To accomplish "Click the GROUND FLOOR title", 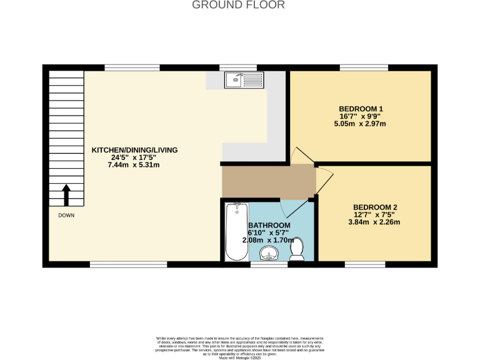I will click(238, 5).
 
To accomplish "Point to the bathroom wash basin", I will click(269, 253).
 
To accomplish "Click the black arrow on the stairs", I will click(66, 194).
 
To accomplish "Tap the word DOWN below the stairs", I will click(66, 216).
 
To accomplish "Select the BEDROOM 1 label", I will click(361, 109).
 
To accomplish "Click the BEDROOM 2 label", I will click(375, 207).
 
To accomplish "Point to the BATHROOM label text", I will click(269, 225).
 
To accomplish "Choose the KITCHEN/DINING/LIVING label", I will click(135, 150).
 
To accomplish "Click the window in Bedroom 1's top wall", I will click(364, 67).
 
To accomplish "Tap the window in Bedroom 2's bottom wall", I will click(365, 264).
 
